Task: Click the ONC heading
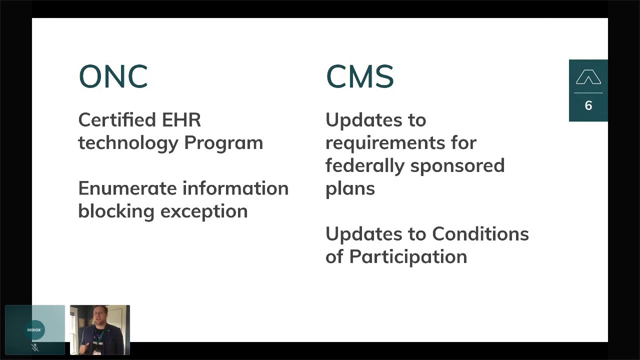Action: coord(113,77)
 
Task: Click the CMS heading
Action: coord(359,77)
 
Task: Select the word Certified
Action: coord(117,120)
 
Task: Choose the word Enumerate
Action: coord(127,188)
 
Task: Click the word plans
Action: coord(350,189)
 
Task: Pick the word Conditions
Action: coord(480,234)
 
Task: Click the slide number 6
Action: coord(588,105)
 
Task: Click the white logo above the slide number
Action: coord(588,78)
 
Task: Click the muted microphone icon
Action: coord(35,347)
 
